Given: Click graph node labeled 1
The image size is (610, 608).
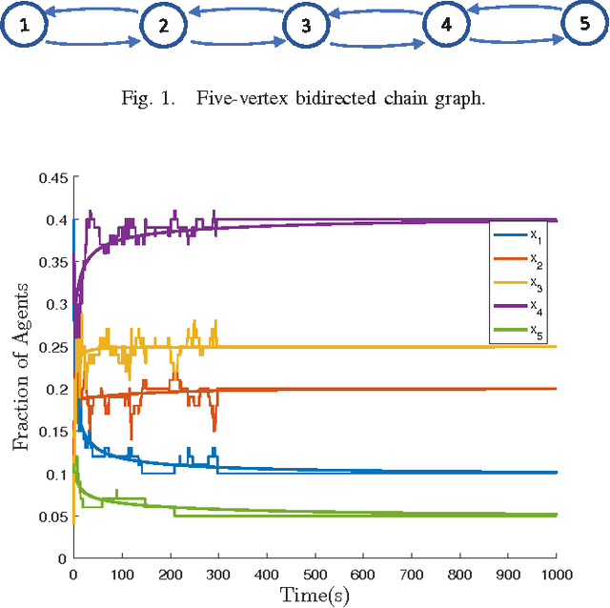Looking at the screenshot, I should [x=25, y=26].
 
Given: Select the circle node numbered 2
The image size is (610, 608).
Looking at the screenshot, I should [x=164, y=26].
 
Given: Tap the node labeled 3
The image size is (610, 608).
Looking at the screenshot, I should [x=305, y=26].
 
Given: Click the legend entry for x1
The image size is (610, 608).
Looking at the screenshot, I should [x=519, y=233].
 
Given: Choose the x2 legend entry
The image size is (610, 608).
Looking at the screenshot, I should [x=519, y=258].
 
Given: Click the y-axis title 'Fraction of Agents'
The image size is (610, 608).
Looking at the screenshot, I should [x=20, y=368].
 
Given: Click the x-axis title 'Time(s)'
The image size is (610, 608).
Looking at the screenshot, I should [x=315, y=595].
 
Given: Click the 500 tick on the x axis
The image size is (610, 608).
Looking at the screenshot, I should [x=315, y=574].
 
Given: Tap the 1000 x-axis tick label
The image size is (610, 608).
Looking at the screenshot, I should [x=556, y=574].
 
